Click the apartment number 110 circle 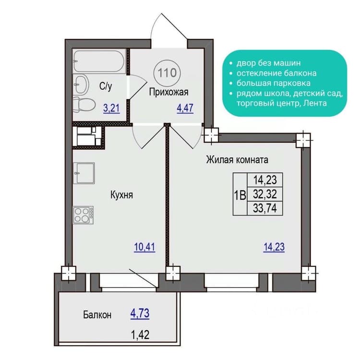[x=167, y=73]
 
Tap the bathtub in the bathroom [x=99, y=61]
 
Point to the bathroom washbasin [x=81, y=84]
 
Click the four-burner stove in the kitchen [x=83, y=215]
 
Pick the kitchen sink [x=84, y=173]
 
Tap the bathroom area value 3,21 [x=111, y=108]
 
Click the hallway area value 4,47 [x=185, y=108]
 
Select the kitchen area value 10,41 [x=144, y=247]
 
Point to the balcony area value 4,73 [x=140, y=313]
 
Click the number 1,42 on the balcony [x=140, y=335]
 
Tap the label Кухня [x=122, y=195]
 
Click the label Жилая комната [x=237, y=159]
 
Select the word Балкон [x=97, y=314]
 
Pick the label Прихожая [x=169, y=92]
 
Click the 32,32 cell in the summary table [x=265, y=194]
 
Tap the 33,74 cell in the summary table [x=265, y=208]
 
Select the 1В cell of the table [x=240, y=194]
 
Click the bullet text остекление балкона [x=276, y=73]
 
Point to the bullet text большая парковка [x=274, y=83]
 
